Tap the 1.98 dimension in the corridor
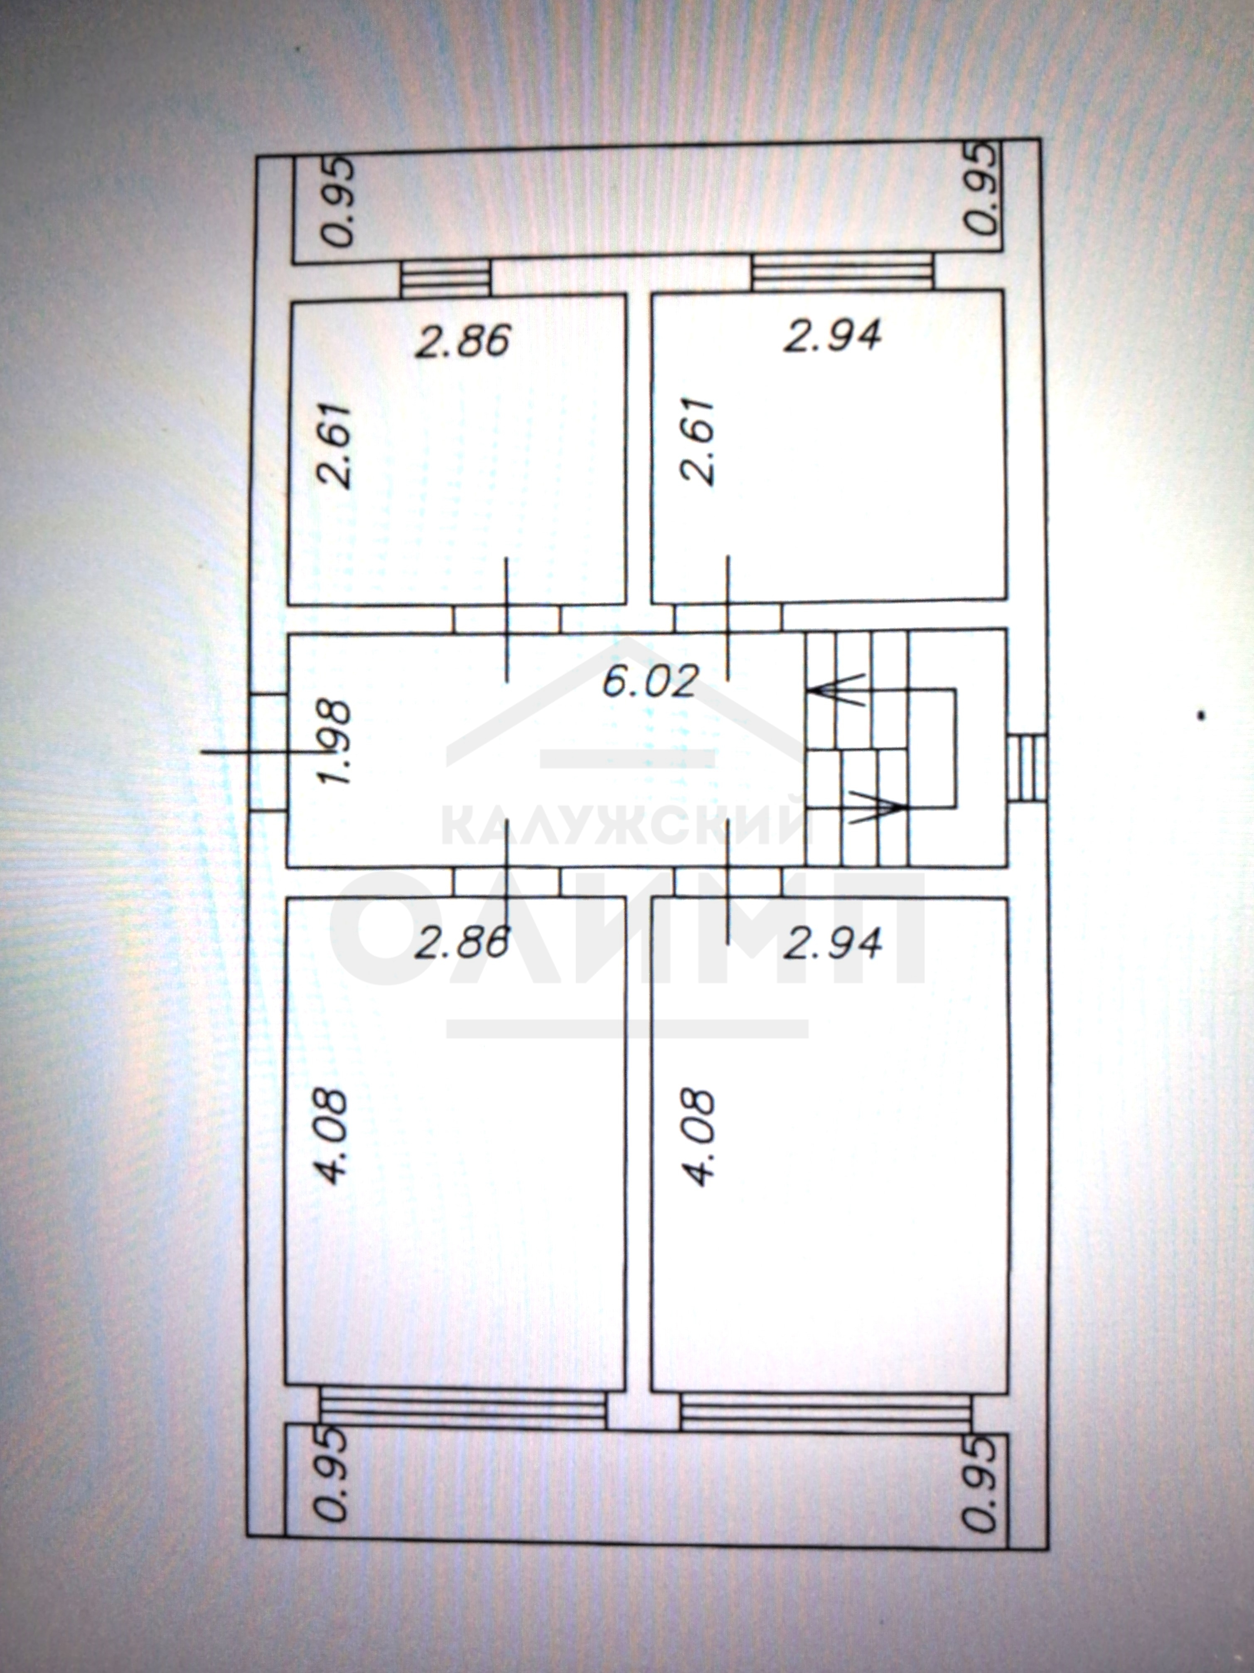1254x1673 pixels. click(337, 742)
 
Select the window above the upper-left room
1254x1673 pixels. click(445, 278)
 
